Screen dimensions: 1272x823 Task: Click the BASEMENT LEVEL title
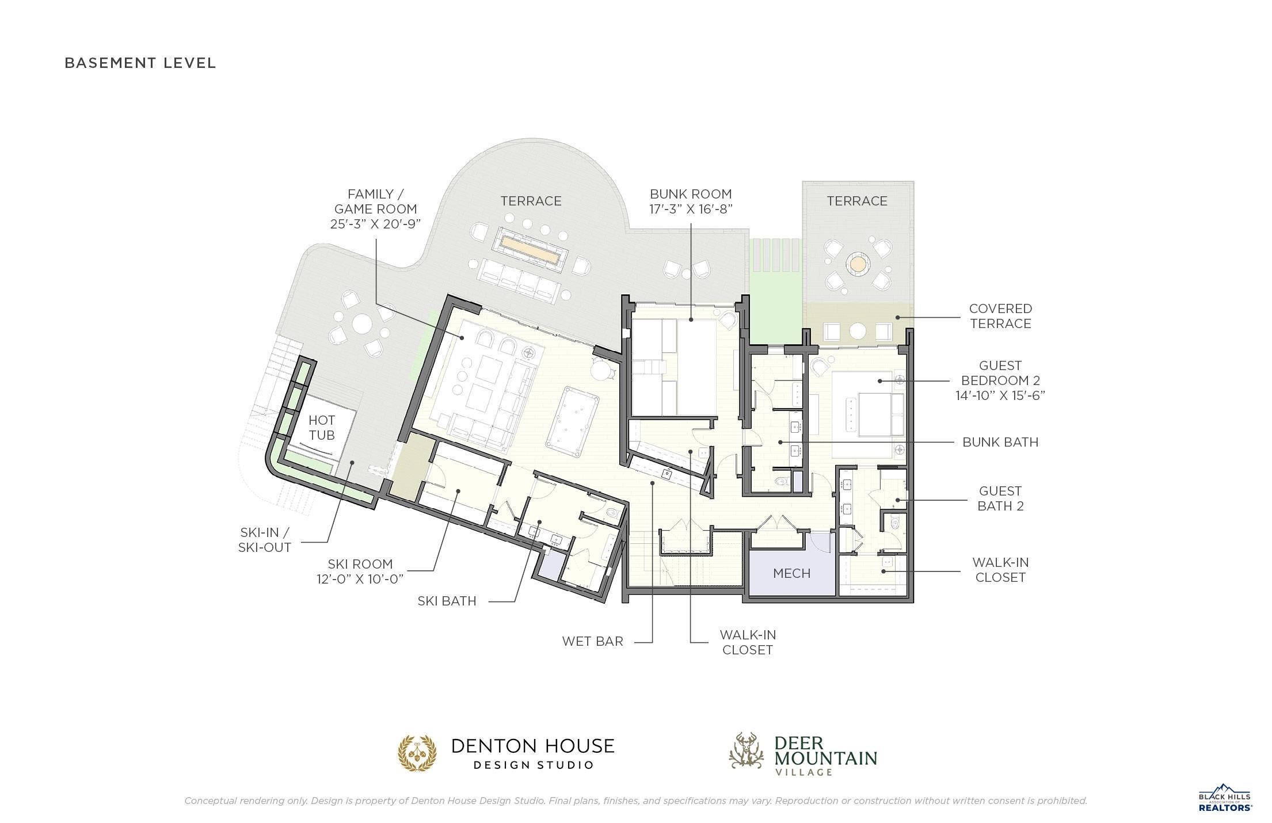pyautogui.click(x=140, y=63)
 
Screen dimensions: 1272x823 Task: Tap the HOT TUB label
pyautogui.click(x=321, y=428)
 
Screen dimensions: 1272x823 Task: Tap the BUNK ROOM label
pyautogui.click(x=691, y=194)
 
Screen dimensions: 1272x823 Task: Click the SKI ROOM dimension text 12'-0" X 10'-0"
pyautogui.click(x=360, y=578)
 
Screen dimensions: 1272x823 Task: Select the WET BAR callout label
pyautogui.click(x=593, y=641)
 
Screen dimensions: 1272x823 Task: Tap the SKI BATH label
pyautogui.click(x=447, y=601)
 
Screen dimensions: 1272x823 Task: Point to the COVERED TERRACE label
pyautogui.click(x=1000, y=316)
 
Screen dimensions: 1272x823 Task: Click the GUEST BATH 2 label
pyautogui.click(x=1000, y=498)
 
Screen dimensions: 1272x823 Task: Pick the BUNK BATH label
pyautogui.click(x=1000, y=442)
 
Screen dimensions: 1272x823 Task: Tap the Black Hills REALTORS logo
pyautogui.click(x=1225, y=798)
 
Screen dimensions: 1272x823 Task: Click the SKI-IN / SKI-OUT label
pyautogui.click(x=265, y=540)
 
